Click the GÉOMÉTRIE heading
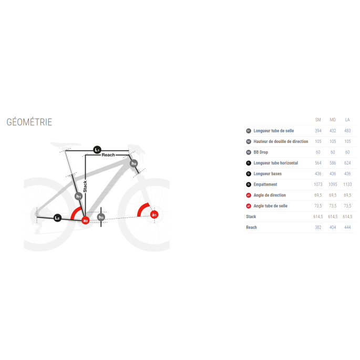29,122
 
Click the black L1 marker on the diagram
97,150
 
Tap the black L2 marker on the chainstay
58,217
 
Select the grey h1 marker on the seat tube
79,196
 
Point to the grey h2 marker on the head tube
134,163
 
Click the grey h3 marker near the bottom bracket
101,217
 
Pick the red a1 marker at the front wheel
154,214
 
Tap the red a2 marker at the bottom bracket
85,220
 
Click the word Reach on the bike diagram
108,155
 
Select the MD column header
333,120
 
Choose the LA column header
347,120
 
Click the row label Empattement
265,184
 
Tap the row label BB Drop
261,152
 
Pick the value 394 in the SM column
318,131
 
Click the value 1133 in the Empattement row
347,184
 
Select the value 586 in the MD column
333,163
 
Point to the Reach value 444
347,227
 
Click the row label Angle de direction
270,195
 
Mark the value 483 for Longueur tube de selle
347,131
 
